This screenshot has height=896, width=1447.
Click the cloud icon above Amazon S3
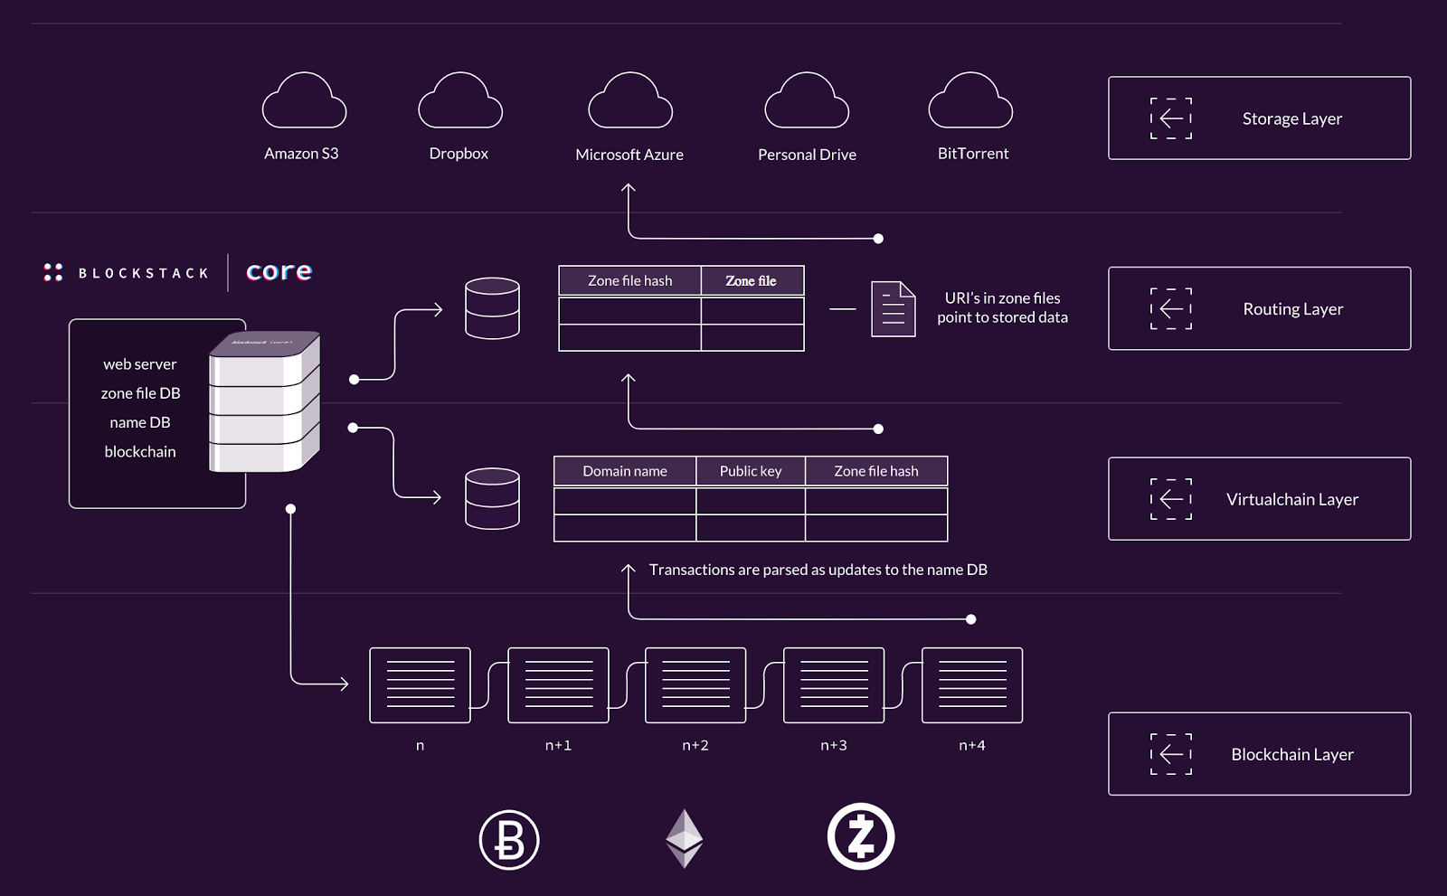point(304,101)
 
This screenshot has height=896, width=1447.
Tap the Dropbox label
point(459,154)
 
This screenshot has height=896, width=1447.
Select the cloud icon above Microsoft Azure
point(630,101)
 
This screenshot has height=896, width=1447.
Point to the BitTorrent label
point(973,154)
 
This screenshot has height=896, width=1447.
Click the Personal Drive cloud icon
point(807,101)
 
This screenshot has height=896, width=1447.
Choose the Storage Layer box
point(1259,118)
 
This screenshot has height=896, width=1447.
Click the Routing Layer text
point(1292,309)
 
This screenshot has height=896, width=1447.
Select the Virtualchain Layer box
point(1259,499)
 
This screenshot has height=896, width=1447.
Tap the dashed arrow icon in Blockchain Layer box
point(1171,754)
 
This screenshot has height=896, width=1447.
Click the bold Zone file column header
point(752,281)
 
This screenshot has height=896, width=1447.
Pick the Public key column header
point(751,471)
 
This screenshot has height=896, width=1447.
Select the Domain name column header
point(625,471)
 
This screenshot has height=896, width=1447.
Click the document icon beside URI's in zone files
point(893,309)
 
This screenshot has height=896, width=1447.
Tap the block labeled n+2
point(695,685)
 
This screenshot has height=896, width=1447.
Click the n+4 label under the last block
point(972,746)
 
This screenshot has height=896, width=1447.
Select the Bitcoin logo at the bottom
point(509,840)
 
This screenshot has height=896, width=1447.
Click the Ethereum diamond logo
point(685,838)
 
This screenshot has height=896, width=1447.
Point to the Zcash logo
point(861,836)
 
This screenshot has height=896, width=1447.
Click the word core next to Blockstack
point(279,272)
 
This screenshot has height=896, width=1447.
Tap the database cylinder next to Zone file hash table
point(492,308)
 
